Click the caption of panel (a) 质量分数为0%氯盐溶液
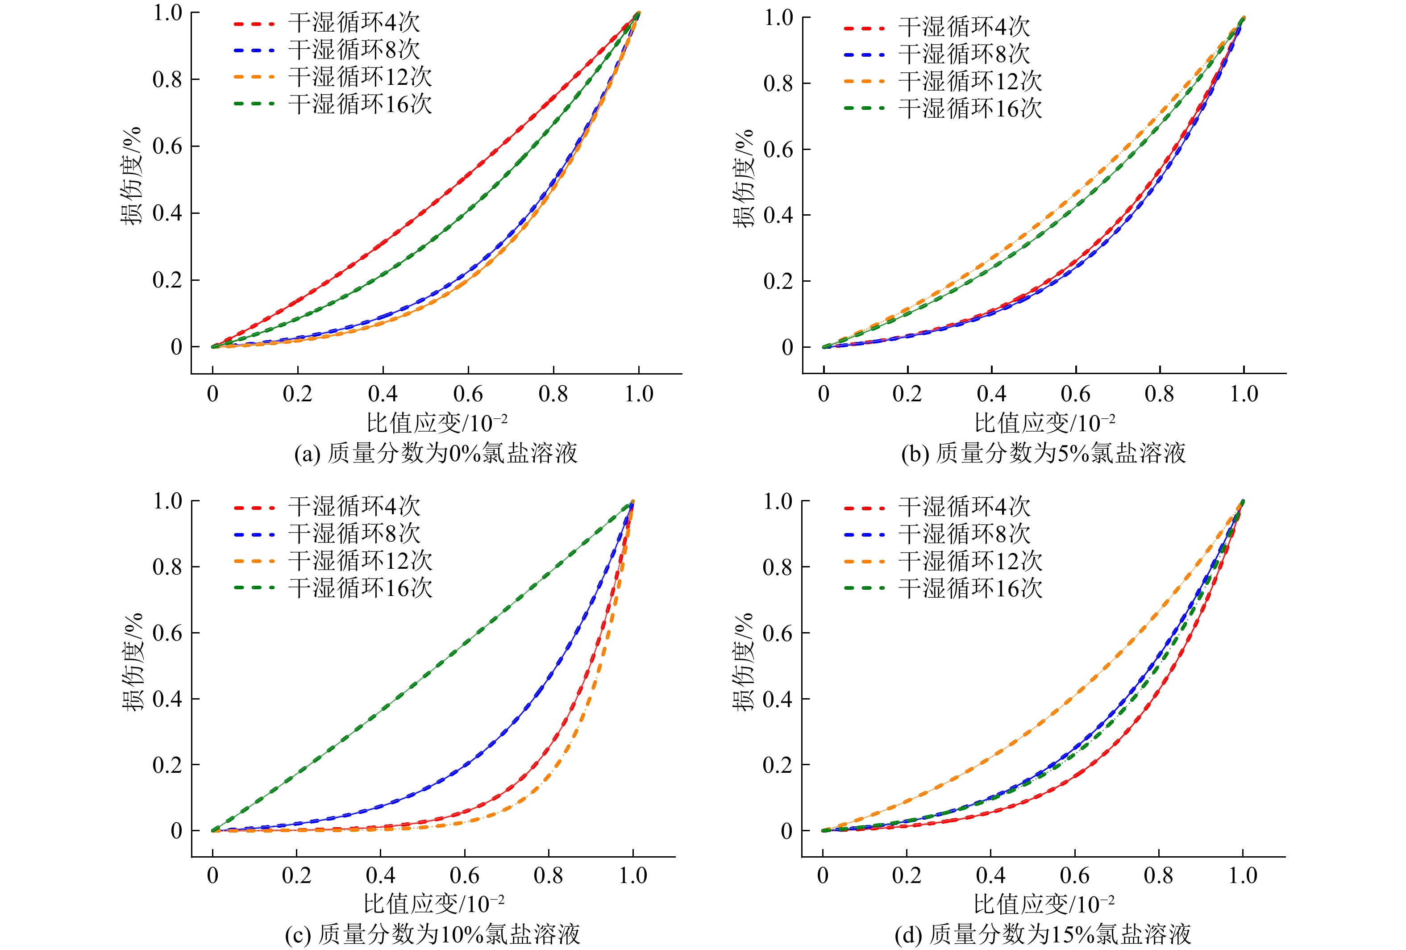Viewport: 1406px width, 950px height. click(x=436, y=453)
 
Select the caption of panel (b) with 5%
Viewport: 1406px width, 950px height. click(x=1043, y=453)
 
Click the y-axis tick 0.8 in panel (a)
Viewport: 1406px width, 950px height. click(x=167, y=79)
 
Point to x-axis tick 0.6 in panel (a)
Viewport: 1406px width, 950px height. click(x=468, y=394)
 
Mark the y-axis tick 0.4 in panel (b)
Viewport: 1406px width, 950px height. click(x=778, y=216)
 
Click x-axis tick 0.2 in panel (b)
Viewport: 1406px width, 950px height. click(x=907, y=394)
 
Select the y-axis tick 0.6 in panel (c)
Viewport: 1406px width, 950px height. click(x=167, y=633)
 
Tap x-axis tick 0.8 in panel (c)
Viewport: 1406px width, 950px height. click(x=549, y=875)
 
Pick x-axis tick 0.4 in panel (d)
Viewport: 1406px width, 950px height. click(x=990, y=875)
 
